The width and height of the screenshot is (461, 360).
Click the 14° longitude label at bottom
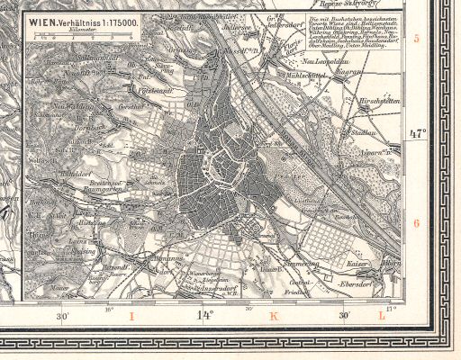click(204, 316)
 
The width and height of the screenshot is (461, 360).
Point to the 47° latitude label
click(416, 133)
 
